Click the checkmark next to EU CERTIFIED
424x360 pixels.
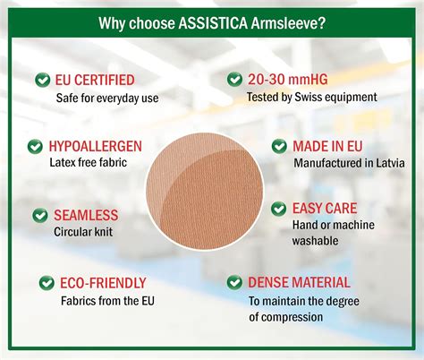tap(42, 81)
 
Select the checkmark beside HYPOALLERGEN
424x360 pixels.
tap(35, 146)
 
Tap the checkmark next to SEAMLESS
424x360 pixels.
tap(40, 216)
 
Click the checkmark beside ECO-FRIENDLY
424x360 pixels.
tap(46, 283)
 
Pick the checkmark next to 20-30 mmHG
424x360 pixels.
tap(235, 81)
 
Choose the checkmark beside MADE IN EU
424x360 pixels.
tap(278, 146)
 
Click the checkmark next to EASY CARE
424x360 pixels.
tap(278, 209)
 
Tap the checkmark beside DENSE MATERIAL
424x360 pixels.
tap(234, 282)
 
